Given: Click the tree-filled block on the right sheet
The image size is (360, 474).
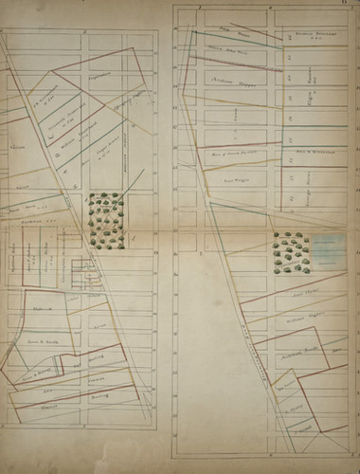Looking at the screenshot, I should point(290,251).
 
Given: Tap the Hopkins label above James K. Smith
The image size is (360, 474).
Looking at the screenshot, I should point(43,306).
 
